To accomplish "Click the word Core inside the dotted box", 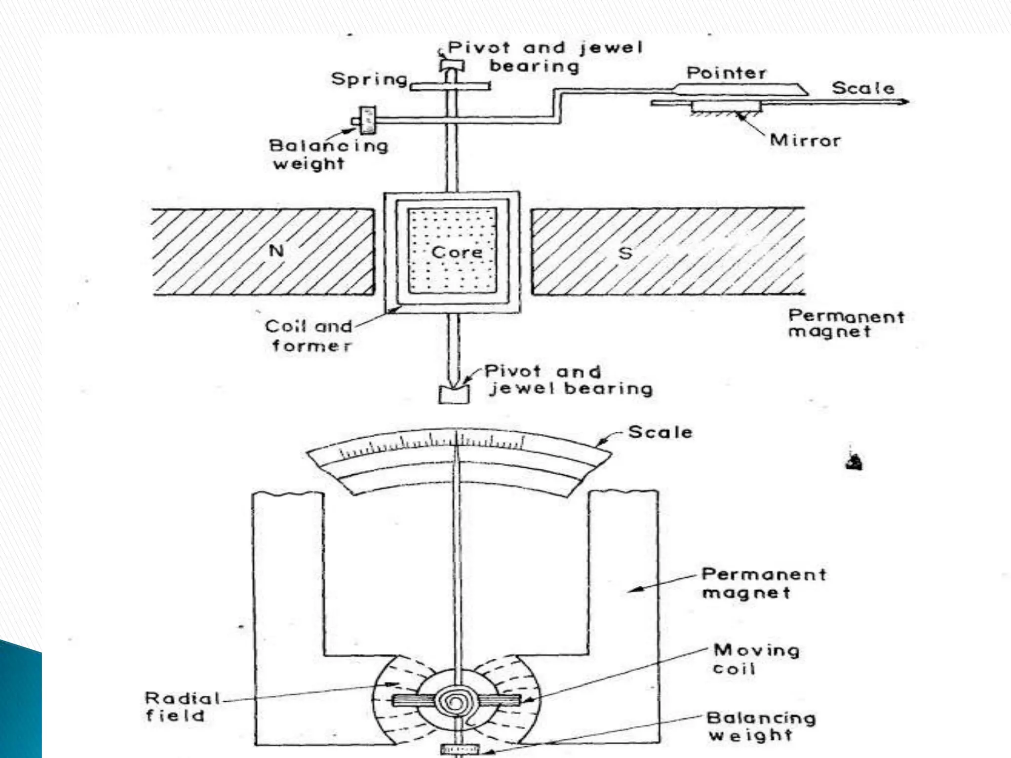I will point(457,252).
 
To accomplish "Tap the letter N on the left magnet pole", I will point(276,251).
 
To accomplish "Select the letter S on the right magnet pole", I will point(625,253).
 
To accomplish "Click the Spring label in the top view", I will point(369,79).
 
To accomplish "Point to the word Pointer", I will point(726,73).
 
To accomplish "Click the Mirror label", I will point(805,141).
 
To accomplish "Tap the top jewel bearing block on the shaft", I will point(452,65).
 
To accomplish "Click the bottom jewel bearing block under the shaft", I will point(453,394).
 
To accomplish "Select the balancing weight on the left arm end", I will point(367,120).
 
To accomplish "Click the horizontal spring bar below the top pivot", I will point(450,86).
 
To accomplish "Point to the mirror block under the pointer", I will point(726,107).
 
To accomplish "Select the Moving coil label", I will point(755,659).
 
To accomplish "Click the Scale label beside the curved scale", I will point(660,432).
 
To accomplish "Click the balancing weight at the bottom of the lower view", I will point(460,750).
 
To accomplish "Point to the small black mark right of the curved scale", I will point(854,462).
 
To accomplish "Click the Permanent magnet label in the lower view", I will point(763,583).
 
